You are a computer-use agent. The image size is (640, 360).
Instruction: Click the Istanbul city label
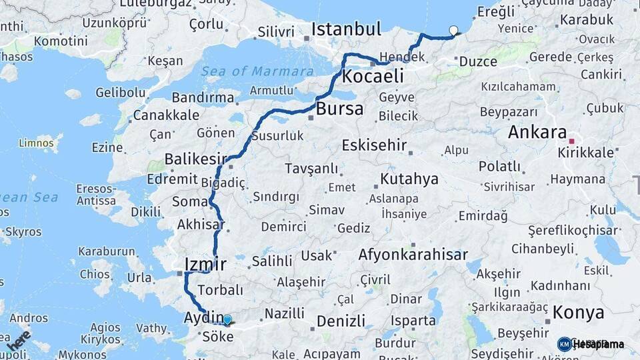coord(346,29)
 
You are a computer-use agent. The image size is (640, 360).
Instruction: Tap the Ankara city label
coord(537,132)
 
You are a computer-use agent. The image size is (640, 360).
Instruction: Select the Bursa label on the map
coord(340,109)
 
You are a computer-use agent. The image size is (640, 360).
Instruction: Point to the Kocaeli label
coord(373,77)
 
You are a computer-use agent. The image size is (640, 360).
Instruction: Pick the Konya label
coord(578,313)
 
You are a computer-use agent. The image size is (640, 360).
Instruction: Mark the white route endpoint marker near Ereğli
coord(454,30)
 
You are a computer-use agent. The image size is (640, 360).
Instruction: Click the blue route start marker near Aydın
coord(227,320)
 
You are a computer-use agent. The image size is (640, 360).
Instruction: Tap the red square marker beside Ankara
coord(572,141)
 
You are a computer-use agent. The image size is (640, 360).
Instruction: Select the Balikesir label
coord(195,159)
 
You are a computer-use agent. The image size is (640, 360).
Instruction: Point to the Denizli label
coord(341,321)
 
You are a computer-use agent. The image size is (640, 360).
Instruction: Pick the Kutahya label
coord(409,179)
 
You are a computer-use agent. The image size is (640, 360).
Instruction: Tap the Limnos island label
coord(31,143)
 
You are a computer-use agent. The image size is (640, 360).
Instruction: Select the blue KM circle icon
coord(564,344)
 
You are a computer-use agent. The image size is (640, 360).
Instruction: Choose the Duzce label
coord(478,61)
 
